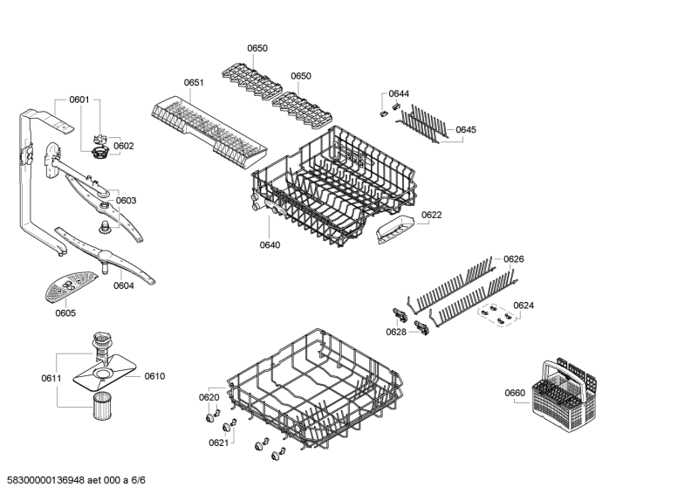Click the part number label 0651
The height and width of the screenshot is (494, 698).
[x=194, y=82]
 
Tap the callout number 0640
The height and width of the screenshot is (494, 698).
[x=270, y=244]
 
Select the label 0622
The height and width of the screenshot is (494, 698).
[x=431, y=215]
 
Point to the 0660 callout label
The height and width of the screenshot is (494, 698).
[x=515, y=393]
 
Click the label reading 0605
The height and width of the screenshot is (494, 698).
[x=65, y=312]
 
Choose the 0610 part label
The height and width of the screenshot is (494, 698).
[x=154, y=376]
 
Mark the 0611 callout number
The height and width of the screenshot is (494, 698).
[x=51, y=378]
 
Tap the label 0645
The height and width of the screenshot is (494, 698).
[x=466, y=130]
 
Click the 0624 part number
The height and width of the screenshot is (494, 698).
[x=523, y=305]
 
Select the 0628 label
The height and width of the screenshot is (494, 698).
[x=396, y=332]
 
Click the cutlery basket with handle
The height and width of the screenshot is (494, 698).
[x=564, y=395]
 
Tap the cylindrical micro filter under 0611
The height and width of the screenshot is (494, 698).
[x=102, y=405]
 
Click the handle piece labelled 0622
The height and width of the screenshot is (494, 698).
[x=395, y=228]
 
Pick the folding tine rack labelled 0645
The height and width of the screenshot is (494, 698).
[x=424, y=123]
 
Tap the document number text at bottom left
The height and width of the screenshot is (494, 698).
[x=73, y=480]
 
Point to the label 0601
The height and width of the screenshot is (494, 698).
[x=79, y=99]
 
